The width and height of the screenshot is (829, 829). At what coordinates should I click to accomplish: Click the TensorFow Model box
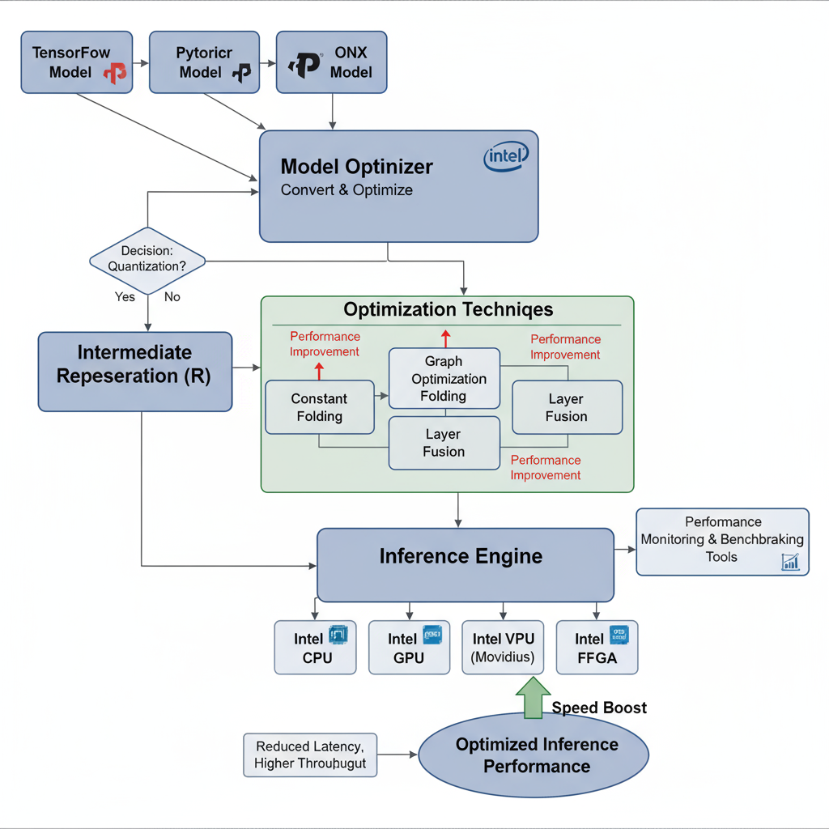coord(76,62)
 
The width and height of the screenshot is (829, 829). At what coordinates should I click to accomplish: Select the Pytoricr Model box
coord(205,62)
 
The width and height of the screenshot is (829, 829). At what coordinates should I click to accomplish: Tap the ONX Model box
coord(332,62)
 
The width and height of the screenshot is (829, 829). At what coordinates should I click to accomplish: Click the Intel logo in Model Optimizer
coord(506,156)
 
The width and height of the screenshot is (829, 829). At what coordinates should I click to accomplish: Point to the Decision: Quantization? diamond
coord(147,260)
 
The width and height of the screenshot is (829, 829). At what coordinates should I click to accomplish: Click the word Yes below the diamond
coord(125,297)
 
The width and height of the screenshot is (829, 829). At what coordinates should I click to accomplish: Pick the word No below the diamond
coord(172,297)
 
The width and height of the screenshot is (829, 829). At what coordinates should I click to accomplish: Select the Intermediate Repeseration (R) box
coord(135,371)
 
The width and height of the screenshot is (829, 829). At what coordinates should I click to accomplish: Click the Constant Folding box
coord(320,407)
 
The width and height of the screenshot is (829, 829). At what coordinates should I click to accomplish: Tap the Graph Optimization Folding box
coord(444,378)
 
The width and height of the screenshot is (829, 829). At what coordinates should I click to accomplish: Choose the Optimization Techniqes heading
coord(448,310)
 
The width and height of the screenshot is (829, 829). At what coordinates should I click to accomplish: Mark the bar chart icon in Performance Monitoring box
coord(790,562)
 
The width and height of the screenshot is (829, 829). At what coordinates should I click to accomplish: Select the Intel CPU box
coord(315,648)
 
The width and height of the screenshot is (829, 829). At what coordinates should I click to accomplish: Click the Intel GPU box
coord(409,648)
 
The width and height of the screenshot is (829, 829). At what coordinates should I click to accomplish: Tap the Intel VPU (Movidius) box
coord(503,648)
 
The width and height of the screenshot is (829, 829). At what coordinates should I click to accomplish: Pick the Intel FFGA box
coord(597,648)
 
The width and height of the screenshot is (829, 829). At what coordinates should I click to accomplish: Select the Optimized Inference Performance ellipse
coord(534,755)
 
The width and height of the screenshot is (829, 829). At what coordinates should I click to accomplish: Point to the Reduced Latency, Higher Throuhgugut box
coord(310,755)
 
